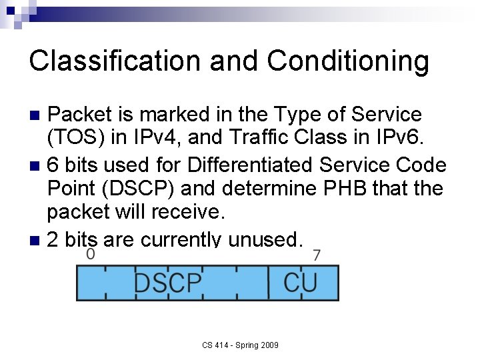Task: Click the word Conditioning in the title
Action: click(x=348, y=61)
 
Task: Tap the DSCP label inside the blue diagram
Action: click(x=167, y=282)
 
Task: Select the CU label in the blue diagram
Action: click(x=301, y=282)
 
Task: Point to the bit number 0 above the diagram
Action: click(x=91, y=255)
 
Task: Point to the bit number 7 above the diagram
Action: click(x=317, y=255)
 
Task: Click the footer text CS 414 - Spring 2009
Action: click(x=241, y=345)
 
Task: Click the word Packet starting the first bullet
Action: click(x=81, y=115)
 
